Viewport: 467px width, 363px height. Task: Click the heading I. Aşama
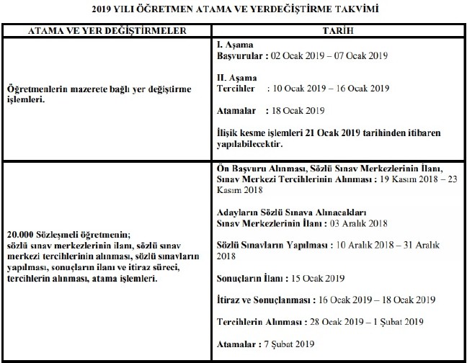click(235, 45)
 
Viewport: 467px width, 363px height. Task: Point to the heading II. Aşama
click(237, 78)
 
